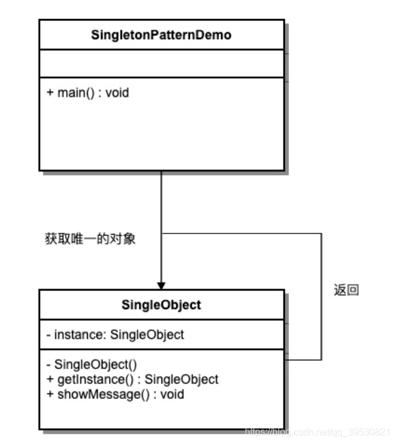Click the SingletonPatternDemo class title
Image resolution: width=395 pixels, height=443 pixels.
coord(161,35)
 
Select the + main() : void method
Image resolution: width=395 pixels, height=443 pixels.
coord(88,93)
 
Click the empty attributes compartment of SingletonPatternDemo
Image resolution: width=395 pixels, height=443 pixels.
coord(161,64)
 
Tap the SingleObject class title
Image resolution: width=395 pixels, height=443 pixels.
coord(161,305)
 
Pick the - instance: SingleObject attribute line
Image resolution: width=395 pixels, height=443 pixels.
coord(115,335)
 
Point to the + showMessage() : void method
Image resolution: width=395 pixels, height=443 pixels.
coord(115,394)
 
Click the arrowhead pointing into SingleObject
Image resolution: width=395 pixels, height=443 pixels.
coord(161,285)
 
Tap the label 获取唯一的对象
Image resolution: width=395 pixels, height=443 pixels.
coord(91,239)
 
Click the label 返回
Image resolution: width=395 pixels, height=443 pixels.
coord(346,291)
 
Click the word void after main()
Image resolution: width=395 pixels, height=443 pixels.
coord(117,93)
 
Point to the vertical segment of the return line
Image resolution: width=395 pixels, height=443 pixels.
coord(322,298)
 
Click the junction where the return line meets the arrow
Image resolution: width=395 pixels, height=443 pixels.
coord(161,233)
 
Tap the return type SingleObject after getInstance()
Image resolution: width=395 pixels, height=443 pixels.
coord(182,379)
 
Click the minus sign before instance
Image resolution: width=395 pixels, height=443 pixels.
coord(48,335)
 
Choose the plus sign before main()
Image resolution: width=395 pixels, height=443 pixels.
coord(49,93)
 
